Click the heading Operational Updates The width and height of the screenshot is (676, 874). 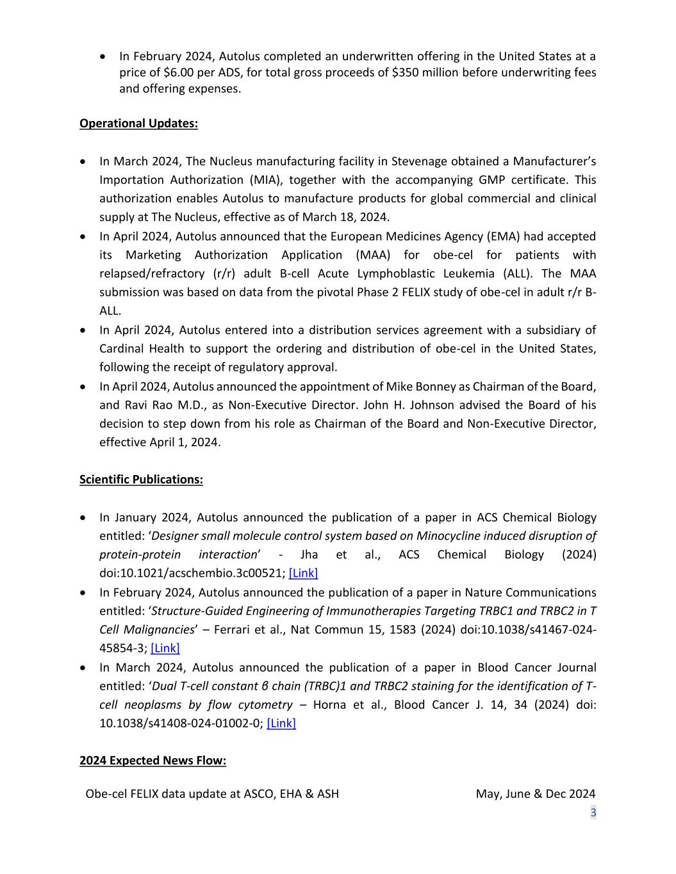click(x=138, y=124)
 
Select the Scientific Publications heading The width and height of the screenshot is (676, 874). click(x=141, y=480)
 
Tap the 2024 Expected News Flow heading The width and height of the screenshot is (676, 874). click(x=153, y=761)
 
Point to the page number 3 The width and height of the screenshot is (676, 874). click(x=593, y=813)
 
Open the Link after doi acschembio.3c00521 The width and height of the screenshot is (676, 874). click(x=303, y=573)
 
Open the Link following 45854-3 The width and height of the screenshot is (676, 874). click(x=165, y=648)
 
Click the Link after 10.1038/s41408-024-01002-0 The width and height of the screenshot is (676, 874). click(x=281, y=724)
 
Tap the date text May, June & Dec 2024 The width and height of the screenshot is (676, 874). click(x=535, y=794)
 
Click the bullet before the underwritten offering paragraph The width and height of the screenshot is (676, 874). click(x=104, y=57)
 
